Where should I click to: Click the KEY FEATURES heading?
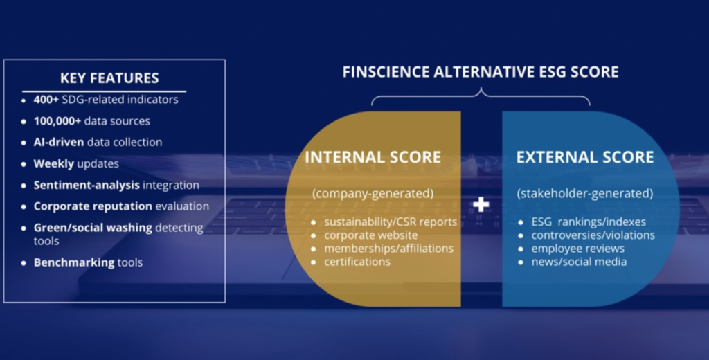(x=109, y=78)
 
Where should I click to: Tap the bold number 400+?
(x=46, y=100)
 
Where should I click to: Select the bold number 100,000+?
(x=57, y=120)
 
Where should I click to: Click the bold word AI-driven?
(x=59, y=142)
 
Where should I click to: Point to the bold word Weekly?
(x=54, y=163)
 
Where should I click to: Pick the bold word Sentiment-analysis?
(x=87, y=185)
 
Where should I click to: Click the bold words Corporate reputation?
(x=93, y=206)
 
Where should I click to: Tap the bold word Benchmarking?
(x=74, y=262)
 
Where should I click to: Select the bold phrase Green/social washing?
(x=93, y=228)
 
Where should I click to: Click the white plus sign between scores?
(x=481, y=204)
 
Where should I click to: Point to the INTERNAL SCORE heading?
(x=373, y=157)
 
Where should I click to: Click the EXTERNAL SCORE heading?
(x=585, y=157)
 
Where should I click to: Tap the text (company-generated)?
(x=373, y=194)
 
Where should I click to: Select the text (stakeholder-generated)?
(x=585, y=194)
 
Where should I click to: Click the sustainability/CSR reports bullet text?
(x=391, y=222)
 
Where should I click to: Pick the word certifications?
(x=357, y=262)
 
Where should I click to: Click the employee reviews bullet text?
(x=578, y=249)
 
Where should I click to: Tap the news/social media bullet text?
(x=579, y=262)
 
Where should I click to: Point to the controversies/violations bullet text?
(x=593, y=235)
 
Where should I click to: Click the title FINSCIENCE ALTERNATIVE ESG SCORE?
(x=481, y=72)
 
